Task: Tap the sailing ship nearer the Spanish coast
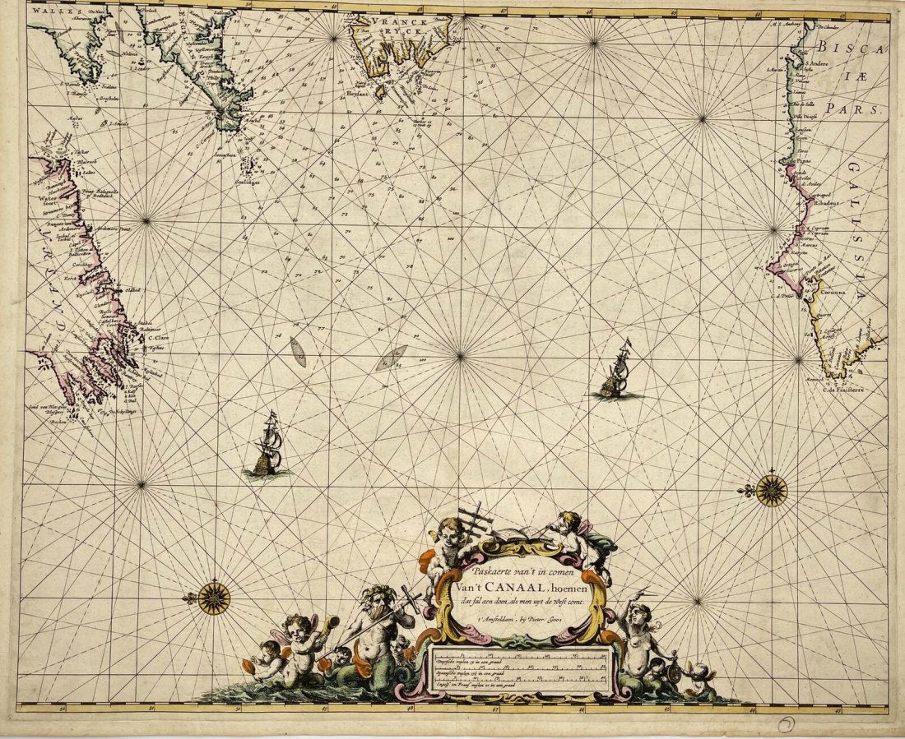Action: coord(617,370)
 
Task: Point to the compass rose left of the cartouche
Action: coord(214,598)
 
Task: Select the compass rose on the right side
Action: coord(772,491)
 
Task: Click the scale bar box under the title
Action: coord(520,670)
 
